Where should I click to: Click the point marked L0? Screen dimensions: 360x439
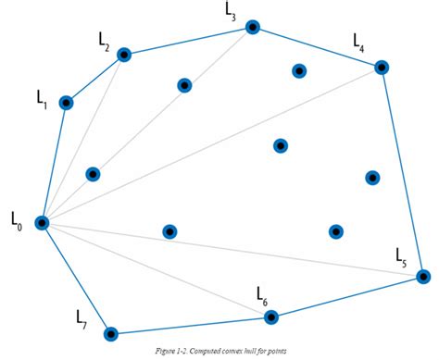tap(42, 222)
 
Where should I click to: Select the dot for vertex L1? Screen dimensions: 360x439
tap(66, 103)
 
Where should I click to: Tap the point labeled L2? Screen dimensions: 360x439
tap(124, 56)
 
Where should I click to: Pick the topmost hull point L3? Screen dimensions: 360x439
tap(252, 28)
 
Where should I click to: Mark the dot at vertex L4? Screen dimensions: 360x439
tap(381, 67)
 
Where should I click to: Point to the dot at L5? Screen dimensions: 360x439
tap(423, 276)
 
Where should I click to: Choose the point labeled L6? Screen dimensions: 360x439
tap(271, 317)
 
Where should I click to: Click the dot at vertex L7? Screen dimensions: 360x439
tap(111, 333)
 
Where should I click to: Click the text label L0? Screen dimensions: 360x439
tap(16, 220)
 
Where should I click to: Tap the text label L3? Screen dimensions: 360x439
tap(231, 11)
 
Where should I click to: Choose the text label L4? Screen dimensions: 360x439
tap(359, 42)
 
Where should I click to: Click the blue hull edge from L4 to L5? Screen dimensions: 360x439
tap(402, 171)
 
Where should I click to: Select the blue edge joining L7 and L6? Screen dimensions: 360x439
tap(192, 325)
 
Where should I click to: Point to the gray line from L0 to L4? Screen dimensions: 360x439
tap(211, 144)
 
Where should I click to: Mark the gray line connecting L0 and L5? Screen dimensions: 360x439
tap(232, 249)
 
